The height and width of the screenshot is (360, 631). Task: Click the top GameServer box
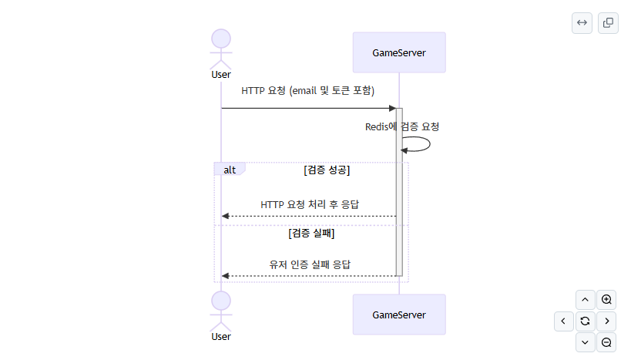[399, 52]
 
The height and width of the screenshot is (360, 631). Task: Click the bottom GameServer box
[399, 315]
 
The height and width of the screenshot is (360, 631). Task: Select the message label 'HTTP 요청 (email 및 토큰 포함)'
[307, 91]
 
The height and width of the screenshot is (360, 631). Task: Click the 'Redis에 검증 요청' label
[402, 126]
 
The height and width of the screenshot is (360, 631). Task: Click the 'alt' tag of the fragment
[230, 170]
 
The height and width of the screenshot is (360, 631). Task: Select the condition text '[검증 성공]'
[327, 170]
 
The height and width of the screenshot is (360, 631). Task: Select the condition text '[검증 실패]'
[311, 233]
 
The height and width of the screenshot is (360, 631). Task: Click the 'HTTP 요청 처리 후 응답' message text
[310, 205]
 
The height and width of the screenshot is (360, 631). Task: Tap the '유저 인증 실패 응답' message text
[310, 264]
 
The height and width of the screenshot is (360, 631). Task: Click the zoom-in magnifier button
[606, 300]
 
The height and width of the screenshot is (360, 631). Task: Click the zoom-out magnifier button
[606, 342]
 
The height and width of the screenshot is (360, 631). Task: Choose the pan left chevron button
[563, 321]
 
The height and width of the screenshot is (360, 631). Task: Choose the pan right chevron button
[606, 321]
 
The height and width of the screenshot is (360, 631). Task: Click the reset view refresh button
[585, 321]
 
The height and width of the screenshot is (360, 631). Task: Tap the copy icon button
[608, 23]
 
